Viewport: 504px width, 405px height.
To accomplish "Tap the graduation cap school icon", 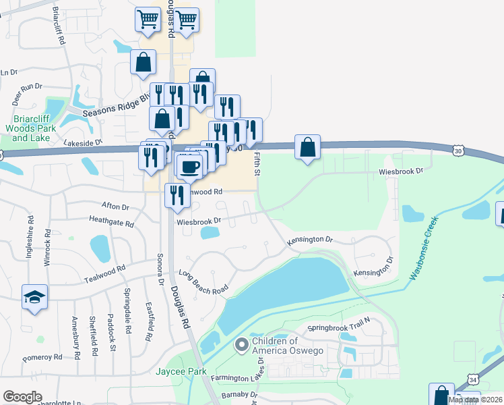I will (34, 297).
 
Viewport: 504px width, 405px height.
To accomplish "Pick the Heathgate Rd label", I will (111, 221).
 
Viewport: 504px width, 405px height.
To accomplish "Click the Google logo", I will (22, 397).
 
